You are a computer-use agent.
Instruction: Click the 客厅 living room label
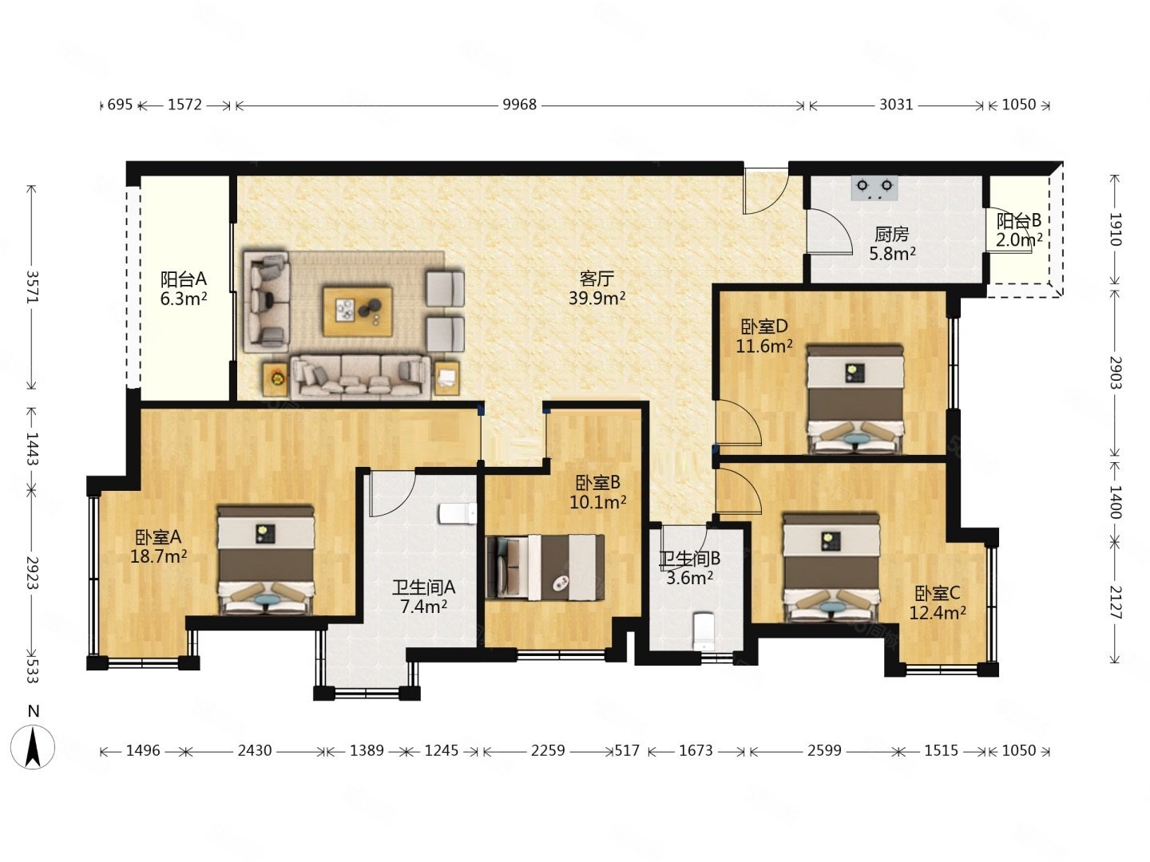click(597, 279)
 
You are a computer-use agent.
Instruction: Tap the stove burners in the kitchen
click(874, 188)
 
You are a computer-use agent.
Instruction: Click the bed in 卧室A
click(266, 560)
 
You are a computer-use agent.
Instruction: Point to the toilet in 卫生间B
click(704, 631)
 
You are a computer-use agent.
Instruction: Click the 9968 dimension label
click(519, 105)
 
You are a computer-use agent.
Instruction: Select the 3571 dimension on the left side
click(33, 287)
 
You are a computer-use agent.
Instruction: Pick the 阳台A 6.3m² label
click(184, 289)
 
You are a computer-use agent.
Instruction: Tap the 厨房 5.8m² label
click(892, 244)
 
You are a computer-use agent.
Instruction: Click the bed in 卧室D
click(855, 399)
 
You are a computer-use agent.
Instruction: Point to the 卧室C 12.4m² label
click(938, 603)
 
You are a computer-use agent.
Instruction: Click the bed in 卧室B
click(545, 567)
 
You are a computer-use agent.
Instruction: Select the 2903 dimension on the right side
click(1114, 372)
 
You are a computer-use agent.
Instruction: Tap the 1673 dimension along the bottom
click(696, 751)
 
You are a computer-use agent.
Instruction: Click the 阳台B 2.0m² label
click(1018, 231)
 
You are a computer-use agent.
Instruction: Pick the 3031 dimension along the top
click(896, 105)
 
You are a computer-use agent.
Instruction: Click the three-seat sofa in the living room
click(361, 377)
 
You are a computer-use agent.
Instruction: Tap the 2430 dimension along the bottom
click(255, 751)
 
